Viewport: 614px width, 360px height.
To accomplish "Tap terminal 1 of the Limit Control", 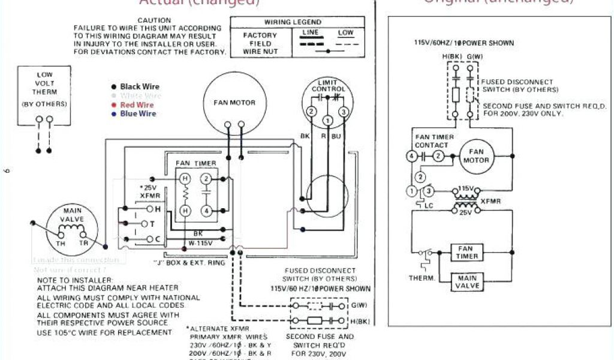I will click(328, 121).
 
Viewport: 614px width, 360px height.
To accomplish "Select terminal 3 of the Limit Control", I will click(344, 112).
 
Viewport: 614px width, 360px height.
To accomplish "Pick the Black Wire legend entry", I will click(139, 87).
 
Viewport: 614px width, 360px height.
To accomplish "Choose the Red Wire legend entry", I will click(137, 105).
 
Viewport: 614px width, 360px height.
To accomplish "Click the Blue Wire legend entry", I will click(138, 114).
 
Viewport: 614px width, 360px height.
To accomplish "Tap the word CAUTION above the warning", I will click(154, 20).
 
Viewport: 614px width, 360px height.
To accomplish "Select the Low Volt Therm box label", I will click(44, 89).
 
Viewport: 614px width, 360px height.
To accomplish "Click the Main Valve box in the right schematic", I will click(467, 281).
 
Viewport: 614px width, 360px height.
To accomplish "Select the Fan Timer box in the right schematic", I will click(467, 252).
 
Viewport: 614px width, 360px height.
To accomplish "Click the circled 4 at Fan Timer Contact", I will click(411, 157).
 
